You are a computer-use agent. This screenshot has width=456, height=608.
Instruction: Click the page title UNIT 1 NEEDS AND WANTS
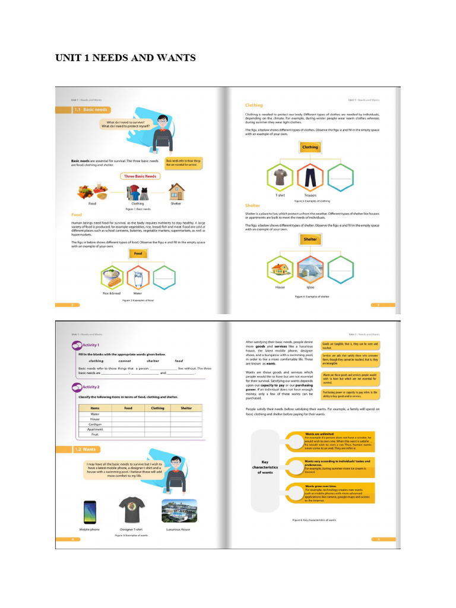pyautogui.click(x=125, y=58)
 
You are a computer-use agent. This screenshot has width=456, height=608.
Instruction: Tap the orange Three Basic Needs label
pyautogui.click(x=140, y=176)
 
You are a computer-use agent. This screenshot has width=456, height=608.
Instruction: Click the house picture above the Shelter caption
pyautogui.click(x=176, y=191)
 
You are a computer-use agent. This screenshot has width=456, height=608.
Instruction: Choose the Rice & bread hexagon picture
pyautogui.click(x=111, y=277)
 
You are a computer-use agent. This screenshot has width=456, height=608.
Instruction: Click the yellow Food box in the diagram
pyautogui.click(x=138, y=253)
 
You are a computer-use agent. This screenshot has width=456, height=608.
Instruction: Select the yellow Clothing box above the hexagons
pyautogui.click(x=310, y=147)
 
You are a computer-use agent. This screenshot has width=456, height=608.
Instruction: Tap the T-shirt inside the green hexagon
pyautogui.click(x=280, y=176)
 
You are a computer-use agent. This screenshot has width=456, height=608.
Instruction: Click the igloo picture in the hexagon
pyautogui.click(x=310, y=268)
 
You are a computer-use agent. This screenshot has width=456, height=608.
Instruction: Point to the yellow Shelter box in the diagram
pyautogui.click(x=310, y=239)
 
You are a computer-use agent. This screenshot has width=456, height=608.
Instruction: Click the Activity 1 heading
pyautogui.click(x=90, y=345)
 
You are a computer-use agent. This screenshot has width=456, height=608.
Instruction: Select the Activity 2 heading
pyautogui.click(x=90, y=387)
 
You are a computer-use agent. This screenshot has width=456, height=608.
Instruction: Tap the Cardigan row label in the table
pyautogui.click(x=95, y=424)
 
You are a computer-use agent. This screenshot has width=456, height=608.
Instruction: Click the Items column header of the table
pyautogui.click(x=95, y=408)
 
